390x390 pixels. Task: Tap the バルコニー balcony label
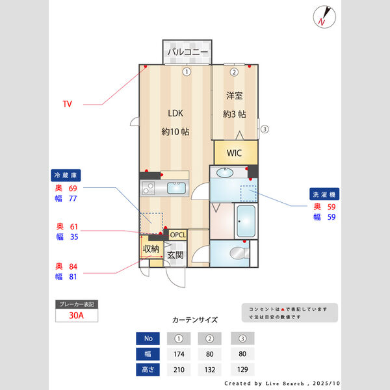187,51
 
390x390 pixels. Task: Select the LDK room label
175,113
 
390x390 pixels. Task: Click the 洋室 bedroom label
234,96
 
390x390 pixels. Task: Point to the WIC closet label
235,153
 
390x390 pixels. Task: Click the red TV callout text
67,104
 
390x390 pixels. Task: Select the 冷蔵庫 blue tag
67,175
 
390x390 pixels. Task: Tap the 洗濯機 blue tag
325,194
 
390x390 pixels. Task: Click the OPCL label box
177,235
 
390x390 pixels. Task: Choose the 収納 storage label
151,249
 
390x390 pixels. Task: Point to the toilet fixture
239,252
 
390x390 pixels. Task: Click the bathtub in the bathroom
246,222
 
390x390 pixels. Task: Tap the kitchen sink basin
176,188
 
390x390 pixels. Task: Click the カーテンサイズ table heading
195,320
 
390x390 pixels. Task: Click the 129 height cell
242,370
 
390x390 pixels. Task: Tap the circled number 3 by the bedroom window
264,129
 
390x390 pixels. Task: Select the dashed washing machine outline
249,194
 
